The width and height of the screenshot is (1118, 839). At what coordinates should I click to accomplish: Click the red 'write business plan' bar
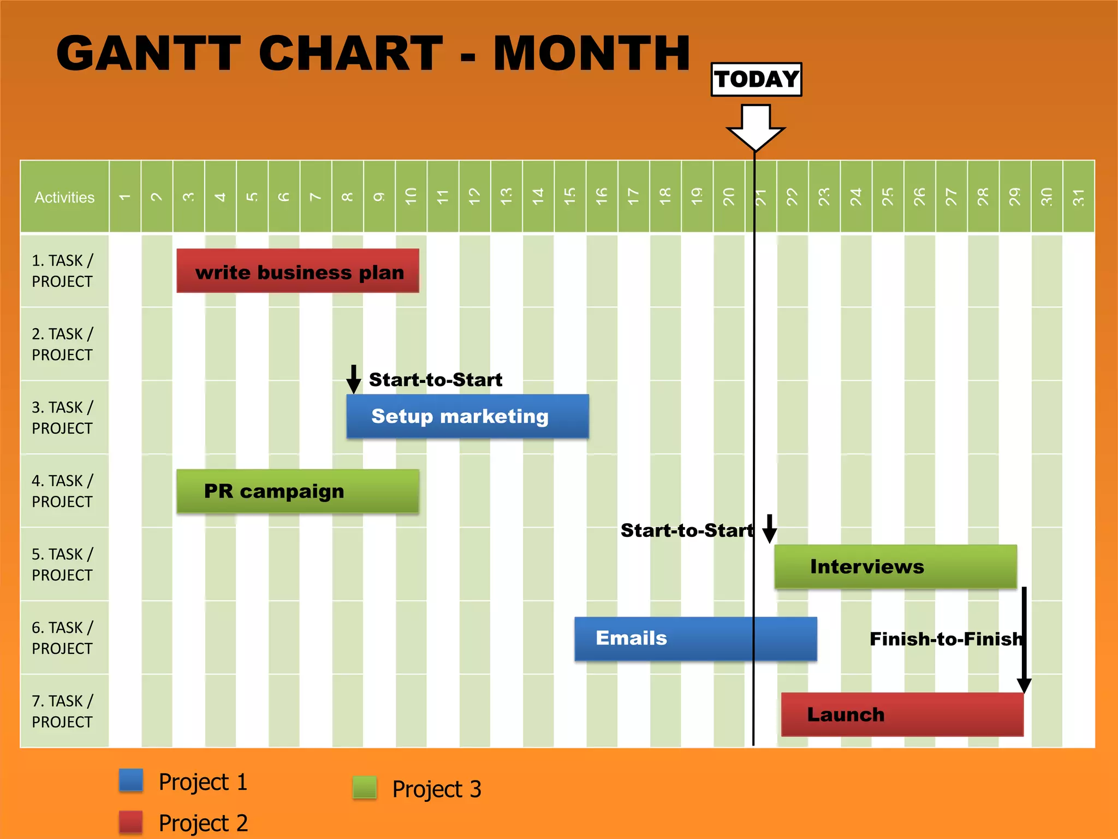[298, 271]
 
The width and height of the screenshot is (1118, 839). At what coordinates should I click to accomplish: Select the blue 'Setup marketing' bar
[467, 416]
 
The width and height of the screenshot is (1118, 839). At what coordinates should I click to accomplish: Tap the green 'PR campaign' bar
[298, 491]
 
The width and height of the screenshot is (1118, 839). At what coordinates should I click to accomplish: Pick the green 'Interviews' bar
[895, 566]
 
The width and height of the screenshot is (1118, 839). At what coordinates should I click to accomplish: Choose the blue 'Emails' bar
[695, 639]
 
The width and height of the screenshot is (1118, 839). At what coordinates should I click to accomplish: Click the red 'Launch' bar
[902, 714]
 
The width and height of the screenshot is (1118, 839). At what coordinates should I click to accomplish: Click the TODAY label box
[756, 80]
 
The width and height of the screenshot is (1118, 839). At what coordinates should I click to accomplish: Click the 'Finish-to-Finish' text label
[945, 639]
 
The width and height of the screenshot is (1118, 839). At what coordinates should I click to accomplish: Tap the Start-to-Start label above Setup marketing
[435, 380]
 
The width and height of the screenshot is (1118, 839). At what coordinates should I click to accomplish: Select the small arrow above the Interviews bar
[769, 529]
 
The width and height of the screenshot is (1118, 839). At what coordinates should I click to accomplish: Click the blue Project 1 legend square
[131, 780]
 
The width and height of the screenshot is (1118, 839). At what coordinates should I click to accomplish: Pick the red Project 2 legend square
[131, 822]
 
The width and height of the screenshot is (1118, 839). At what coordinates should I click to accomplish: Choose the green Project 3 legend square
[365, 788]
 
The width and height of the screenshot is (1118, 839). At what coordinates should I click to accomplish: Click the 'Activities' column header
[64, 197]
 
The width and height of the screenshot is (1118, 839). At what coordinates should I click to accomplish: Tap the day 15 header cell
[570, 197]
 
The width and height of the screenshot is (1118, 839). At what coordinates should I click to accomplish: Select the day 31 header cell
[1078, 197]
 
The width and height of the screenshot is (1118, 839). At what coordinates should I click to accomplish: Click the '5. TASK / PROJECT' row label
[62, 564]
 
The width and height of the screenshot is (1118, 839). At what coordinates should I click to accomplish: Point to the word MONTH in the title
[592, 54]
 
